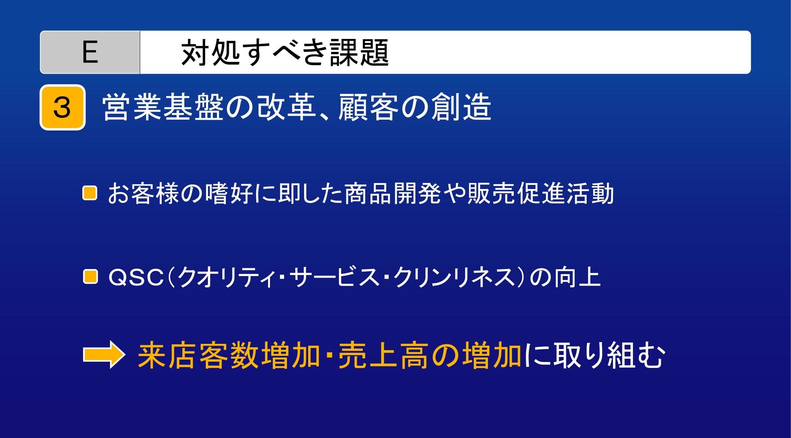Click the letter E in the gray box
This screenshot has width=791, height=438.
click(90, 52)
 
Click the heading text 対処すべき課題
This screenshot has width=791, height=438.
click(285, 53)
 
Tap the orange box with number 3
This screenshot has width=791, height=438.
click(63, 107)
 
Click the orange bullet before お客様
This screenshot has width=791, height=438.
click(89, 193)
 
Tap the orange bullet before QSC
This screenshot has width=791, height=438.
click(89, 277)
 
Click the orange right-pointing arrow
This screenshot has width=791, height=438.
click(102, 356)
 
